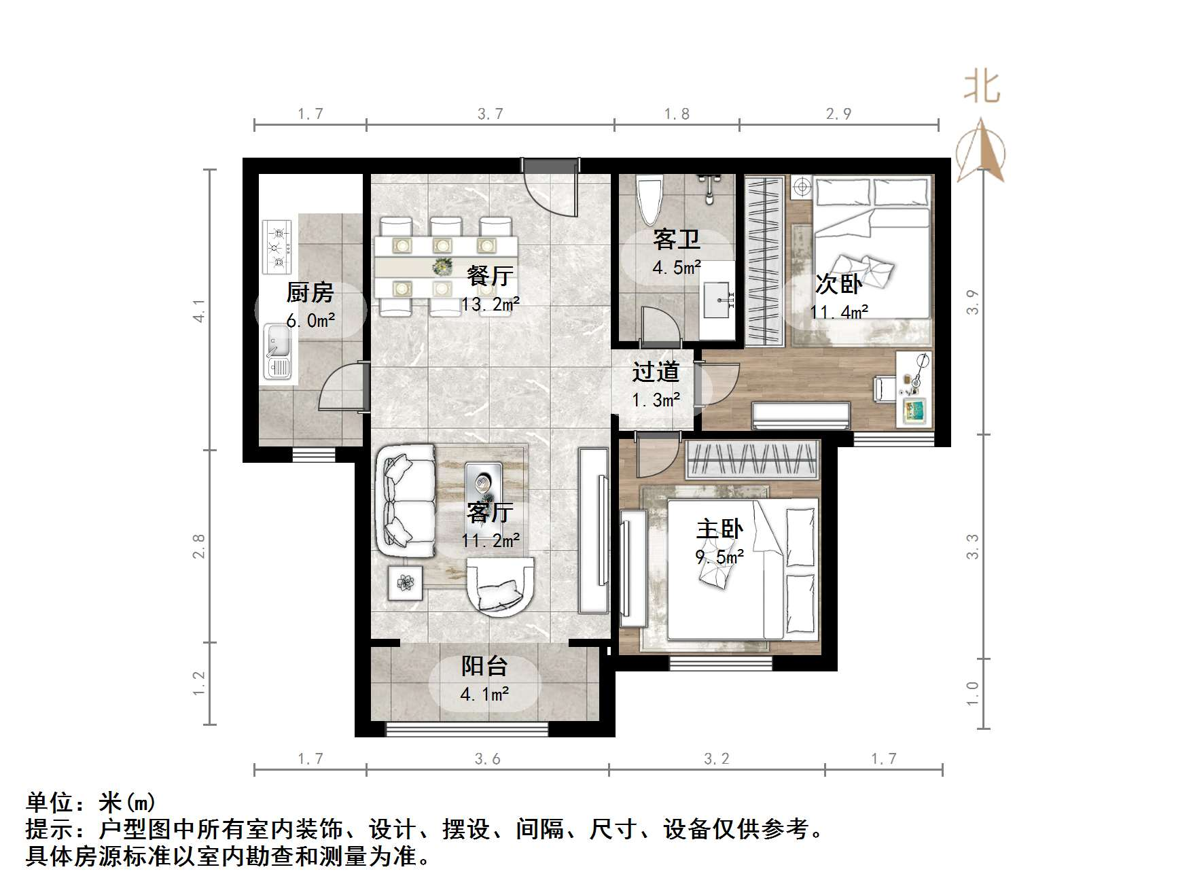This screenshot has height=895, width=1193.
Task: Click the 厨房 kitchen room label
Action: [x=310, y=293]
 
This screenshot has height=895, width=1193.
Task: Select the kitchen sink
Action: [x=279, y=350]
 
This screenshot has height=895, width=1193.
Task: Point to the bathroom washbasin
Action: [x=717, y=298]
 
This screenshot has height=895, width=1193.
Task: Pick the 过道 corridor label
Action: [x=656, y=372]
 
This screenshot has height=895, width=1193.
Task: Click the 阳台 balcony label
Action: [x=484, y=667]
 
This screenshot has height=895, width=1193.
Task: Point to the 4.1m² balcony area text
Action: [x=484, y=695]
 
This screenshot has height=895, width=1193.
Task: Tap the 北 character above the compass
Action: [x=982, y=88]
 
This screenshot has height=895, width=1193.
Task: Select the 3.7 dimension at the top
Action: [x=490, y=113]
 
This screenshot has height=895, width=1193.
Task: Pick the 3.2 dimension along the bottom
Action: [x=716, y=758]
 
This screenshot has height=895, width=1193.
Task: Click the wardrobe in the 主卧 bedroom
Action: [x=752, y=460]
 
